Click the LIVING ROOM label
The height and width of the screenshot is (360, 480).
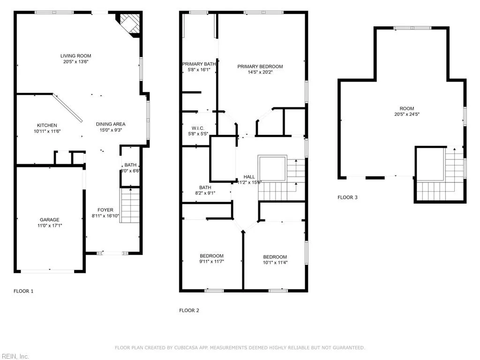coord(75,56)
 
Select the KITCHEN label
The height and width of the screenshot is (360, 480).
coord(47,125)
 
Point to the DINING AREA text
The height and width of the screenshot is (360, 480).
coord(111,124)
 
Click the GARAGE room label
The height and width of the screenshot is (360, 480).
coord(49,220)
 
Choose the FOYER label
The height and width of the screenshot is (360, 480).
coord(105,210)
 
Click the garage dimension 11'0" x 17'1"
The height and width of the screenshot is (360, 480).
coord(49,225)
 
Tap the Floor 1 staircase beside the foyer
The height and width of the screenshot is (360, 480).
coord(130,205)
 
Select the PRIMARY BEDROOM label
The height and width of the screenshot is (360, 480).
coord(260,67)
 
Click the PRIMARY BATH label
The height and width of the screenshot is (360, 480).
coord(199,64)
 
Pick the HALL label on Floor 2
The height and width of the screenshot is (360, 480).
coord(249,177)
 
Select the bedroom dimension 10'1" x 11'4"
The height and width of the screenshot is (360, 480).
coord(275,262)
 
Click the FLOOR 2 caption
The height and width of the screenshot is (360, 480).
coord(189,310)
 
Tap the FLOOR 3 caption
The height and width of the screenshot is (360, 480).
coord(347,197)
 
